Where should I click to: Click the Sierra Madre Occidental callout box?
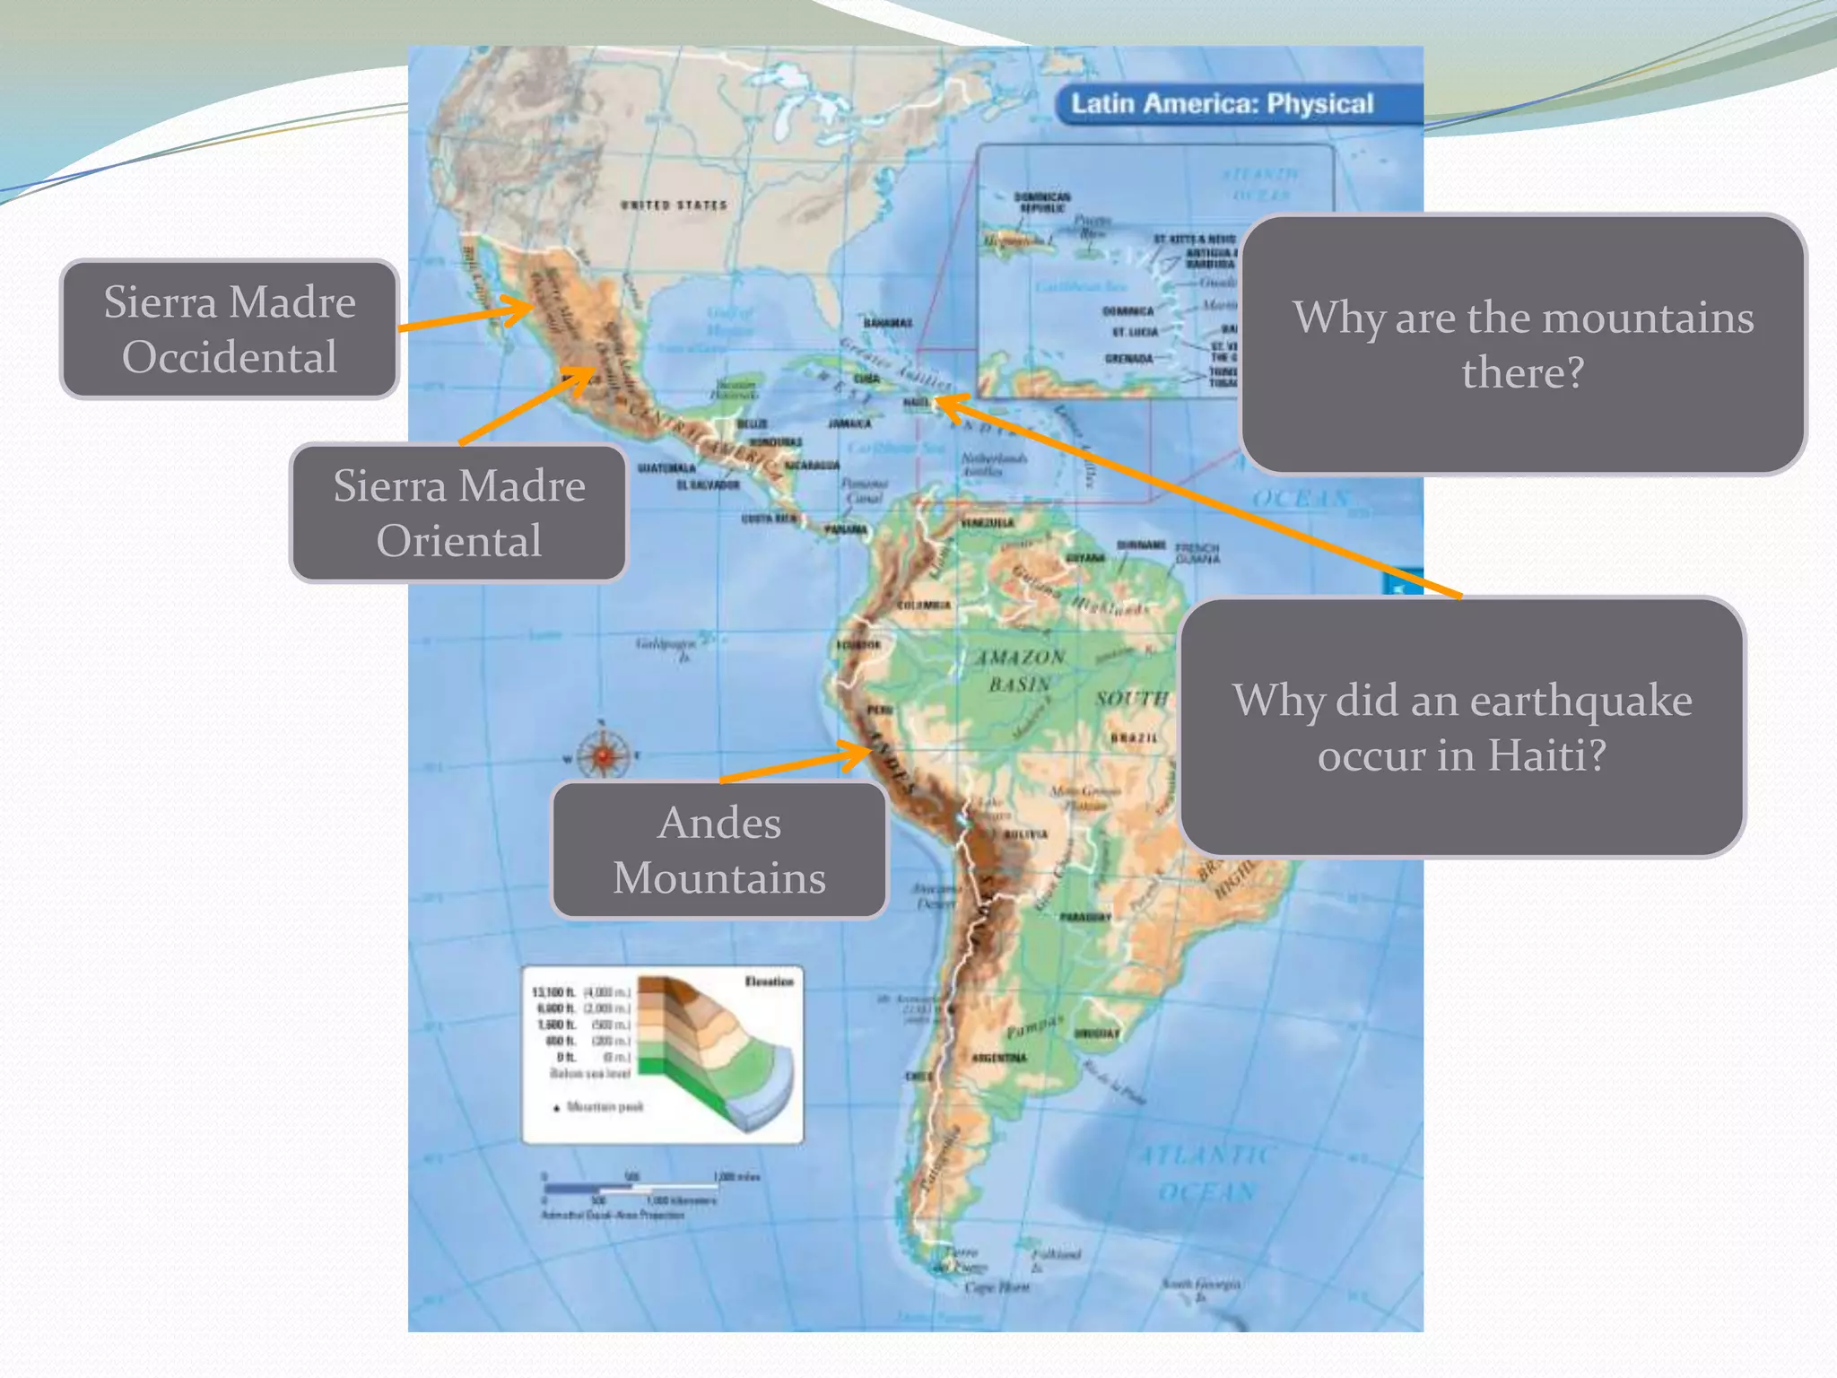(x=230, y=329)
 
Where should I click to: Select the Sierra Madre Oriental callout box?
(x=458, y=513)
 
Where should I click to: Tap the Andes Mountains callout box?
(x=719, y=850)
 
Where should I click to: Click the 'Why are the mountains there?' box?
(x=1522, y=344)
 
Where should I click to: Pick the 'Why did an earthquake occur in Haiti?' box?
(x=1462, y=727)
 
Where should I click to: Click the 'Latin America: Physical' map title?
(x=1222, y=104)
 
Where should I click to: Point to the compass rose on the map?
(x=603, y=754)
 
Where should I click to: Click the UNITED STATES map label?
(x=674, y=205)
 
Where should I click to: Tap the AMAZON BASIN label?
(x=1020, y=670)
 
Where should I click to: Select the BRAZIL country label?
(x=1135, y=737)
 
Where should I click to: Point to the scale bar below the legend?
(x=628, y=1189)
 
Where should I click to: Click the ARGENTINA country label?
(x=998, y=1058)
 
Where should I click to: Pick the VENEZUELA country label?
(x=987, y=523)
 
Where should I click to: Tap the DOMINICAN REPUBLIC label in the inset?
(x=1042, y=202)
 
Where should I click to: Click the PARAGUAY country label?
(x=1085, y=918)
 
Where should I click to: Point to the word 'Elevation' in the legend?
(x=769, y=981)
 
